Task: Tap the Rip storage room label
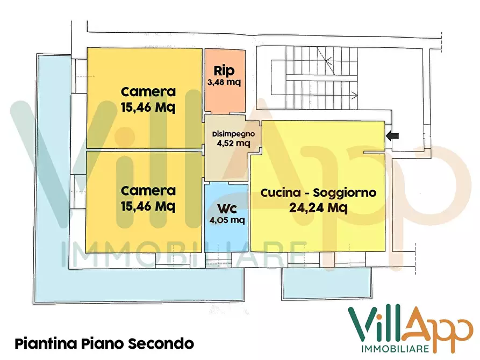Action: tap(224, 70)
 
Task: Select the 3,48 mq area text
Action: tap(224, 82)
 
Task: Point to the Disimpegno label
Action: tap(229, 134)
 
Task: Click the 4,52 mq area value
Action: tap(230, 143)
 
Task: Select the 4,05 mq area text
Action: tap(226, 219)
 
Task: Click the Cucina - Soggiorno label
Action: tap(318, 193)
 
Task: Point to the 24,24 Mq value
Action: tap(318, 207)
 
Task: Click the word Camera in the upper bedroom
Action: tap(148, 91)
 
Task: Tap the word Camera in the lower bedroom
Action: tap(148, 190)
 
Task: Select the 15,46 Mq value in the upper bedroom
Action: tap(148, 106)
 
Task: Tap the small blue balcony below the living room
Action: tap(326, 283)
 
